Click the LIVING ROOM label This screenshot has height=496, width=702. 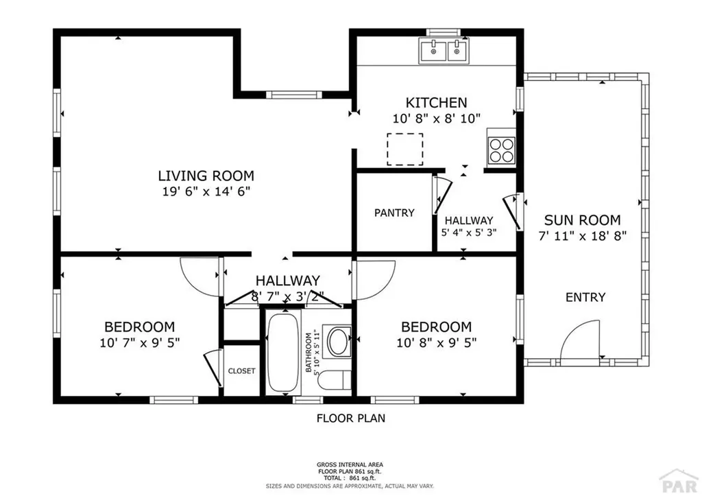(x=206, y=176)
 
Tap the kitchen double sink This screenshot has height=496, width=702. (x=442, y=50)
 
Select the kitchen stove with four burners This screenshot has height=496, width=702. (x=501, y=150)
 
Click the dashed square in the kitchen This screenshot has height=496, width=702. (x=404, y=149)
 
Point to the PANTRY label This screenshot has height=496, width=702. (x=394, y=213)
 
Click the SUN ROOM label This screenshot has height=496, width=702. (x=582, y=220)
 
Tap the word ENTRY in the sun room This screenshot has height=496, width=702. (x=585, y=297)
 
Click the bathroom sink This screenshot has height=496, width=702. (x=337, y=342)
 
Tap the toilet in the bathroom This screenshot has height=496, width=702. (x=336, y=381)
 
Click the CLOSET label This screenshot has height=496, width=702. (x=241, y=371)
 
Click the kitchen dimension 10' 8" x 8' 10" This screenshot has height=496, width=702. (x=436, y=118)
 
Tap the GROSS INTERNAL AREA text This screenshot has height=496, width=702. (x=350, y=464)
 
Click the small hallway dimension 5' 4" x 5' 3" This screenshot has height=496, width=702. (x=468, y=232)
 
